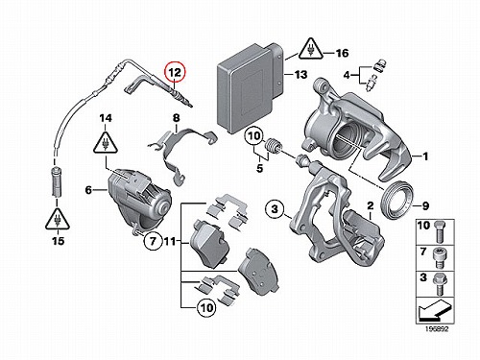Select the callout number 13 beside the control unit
tap(300, 75)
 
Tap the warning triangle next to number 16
tap(310, 49)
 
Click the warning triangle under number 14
tap(105, 142)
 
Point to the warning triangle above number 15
tap(58, 219)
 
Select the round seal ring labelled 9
tap(396, 200)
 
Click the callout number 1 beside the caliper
tap(425, 156)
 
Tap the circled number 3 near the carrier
tap(275, 209)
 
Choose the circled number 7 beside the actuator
tap(153, 241)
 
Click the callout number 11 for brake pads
tap(170, 241)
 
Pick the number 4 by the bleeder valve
tap(348, 76)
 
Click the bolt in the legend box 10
tap(439, 232)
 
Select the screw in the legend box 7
tap(439, 258)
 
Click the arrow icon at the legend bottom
tap(435, 311)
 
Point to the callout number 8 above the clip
tap(177, 118)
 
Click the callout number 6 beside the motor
tap(88, 190)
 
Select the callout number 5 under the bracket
tap(259, 168)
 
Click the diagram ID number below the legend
tap(437, 329)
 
